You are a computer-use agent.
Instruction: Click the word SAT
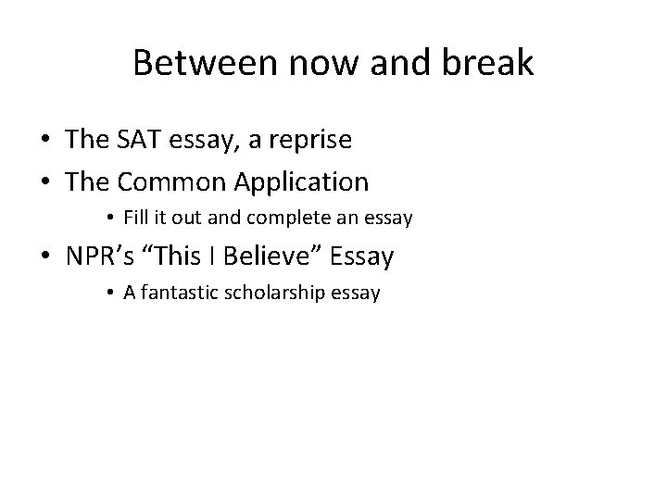coord(138,141)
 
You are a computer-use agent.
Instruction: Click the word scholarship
coord(284,294)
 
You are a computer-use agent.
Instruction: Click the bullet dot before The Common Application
coord(45,182)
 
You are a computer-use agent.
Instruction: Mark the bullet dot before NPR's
coord(45,256)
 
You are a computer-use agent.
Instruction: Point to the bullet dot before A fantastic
coord(109,294)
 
